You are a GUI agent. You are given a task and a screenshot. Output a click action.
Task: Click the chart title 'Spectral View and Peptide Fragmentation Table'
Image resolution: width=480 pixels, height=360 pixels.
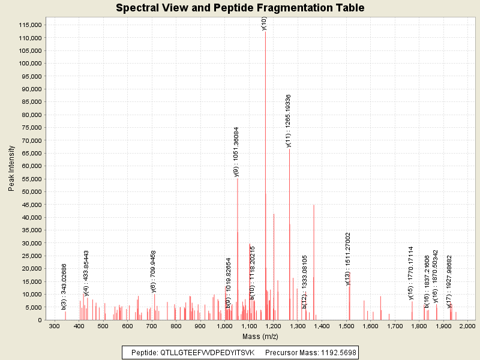240,8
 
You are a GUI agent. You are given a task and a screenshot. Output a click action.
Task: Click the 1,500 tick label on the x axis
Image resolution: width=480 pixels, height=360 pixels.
346,326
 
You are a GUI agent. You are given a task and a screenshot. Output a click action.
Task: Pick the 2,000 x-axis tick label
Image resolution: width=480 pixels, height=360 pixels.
467,326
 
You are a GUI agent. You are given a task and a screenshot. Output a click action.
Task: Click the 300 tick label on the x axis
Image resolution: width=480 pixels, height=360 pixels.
55,326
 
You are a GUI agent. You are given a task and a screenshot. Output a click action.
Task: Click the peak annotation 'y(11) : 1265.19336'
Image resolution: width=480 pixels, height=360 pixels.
289,121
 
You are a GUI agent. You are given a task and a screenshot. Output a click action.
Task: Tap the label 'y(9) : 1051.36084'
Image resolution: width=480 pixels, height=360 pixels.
237,151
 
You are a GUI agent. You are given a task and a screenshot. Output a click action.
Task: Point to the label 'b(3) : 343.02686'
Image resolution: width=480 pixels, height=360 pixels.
64,287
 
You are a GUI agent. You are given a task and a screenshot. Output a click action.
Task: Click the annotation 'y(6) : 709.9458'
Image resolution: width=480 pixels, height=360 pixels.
154,271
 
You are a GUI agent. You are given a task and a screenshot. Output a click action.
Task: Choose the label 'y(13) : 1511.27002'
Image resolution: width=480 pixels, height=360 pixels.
348,259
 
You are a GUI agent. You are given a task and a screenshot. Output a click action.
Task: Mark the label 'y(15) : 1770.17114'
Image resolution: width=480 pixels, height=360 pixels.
411,272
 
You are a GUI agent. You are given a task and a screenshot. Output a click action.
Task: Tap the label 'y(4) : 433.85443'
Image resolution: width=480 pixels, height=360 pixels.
86,273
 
